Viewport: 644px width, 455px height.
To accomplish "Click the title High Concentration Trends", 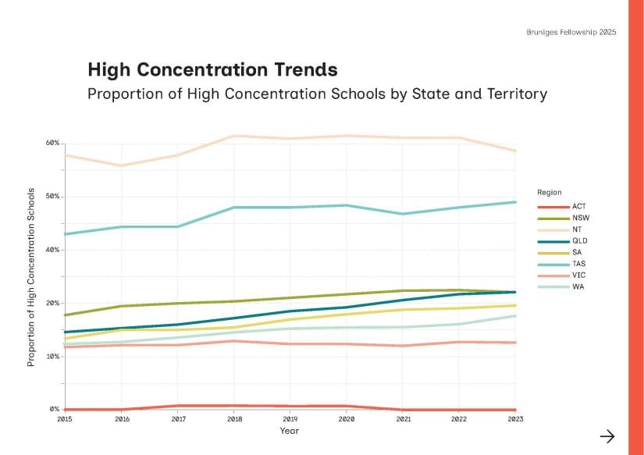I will point(212,69).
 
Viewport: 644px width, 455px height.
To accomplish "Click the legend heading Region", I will point(549,192).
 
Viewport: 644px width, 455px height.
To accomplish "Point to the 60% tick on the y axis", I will point(52,143).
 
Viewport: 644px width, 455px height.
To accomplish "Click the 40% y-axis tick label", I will point(52,250).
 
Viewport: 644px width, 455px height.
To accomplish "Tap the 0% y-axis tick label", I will point(55,409).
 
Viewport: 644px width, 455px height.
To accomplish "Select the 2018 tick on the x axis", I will point(234,419).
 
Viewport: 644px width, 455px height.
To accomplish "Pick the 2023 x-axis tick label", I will point(514,419).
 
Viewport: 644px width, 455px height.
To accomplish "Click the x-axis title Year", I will point(289,431).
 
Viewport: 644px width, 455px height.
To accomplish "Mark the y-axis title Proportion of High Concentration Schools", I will point(32,277).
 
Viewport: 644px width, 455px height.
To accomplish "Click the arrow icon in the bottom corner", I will point(607,436).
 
